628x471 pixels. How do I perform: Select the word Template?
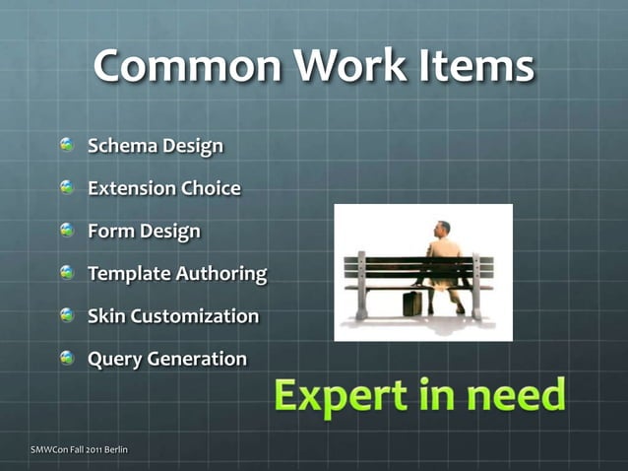pos(128,274)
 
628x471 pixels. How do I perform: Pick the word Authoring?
pos(220,274)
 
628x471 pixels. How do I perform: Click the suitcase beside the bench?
pos(412,303)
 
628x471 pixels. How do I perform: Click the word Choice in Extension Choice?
pos(211,188)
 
